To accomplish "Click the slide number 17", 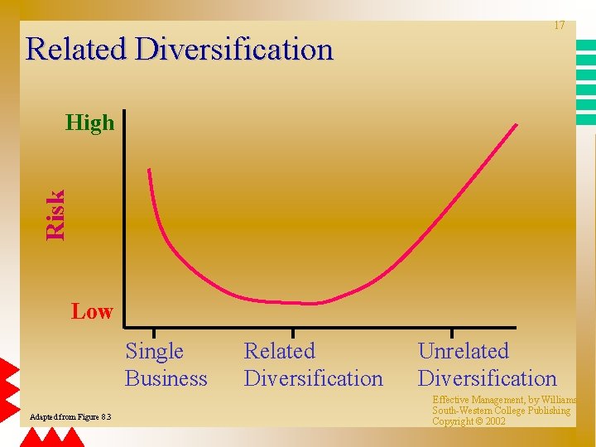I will point(560,26).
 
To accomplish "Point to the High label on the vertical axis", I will point(89,123).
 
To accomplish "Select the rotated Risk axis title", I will point(55,215).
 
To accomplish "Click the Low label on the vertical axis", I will point(92,312).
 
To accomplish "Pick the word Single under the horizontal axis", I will point(154,352).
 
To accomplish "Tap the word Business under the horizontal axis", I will point(166,379).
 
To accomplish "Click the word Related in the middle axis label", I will point(279,352).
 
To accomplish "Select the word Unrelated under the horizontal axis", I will point(463,352).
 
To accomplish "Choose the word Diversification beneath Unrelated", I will point(487,379).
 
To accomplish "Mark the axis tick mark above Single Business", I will point(153,333).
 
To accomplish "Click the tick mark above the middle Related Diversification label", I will point(292,333).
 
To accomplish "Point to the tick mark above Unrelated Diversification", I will point(451,333).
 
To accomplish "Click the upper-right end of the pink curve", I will point(516,126).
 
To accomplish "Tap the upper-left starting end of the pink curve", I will point(150,171).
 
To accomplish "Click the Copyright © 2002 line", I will point(469,421).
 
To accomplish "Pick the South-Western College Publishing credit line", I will point(501,411).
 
